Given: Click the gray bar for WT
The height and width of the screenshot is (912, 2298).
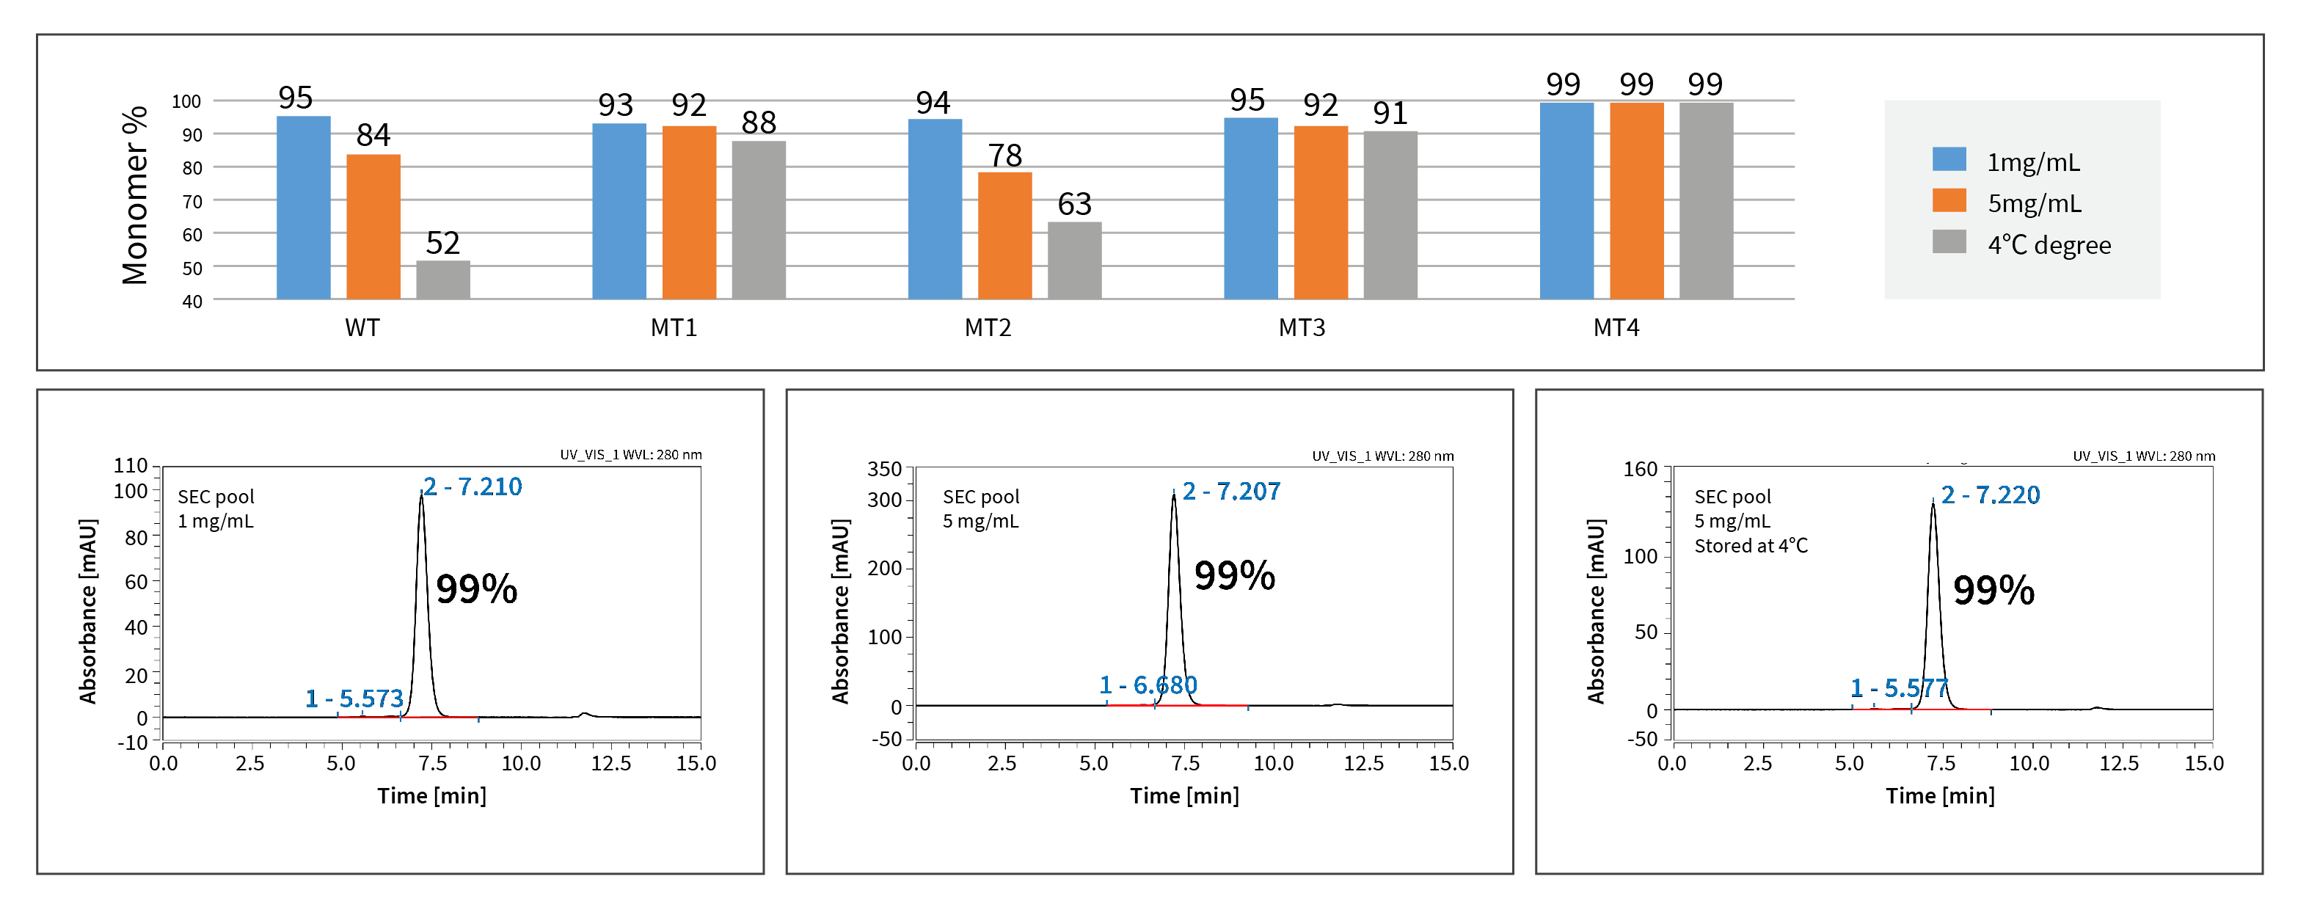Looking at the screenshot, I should (x=442, y=280).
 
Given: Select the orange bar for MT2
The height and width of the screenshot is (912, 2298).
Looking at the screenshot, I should (x=1004, y=236).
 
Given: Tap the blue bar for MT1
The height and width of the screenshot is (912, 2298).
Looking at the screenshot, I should (x=619, y=211).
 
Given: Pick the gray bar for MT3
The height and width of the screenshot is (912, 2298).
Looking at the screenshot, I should (x=1390, y=215).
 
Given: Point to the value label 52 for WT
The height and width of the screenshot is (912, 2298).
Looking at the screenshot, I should (x=442, y=243).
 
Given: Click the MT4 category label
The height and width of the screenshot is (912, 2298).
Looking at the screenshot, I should (x=1616, y=327).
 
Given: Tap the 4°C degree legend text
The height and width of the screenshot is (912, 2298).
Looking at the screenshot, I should (x=2049, y=244).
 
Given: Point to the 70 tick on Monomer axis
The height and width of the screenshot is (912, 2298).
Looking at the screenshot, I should (x=191, y=202).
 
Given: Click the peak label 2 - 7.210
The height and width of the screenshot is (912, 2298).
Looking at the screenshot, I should (x=473, y=486).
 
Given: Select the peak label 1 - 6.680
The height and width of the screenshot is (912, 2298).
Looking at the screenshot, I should (x=1148, y=685).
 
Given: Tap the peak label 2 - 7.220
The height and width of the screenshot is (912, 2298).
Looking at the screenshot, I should (x=1991, y=495).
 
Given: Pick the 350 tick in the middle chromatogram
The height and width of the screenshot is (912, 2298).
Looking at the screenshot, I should (x=884, y=469).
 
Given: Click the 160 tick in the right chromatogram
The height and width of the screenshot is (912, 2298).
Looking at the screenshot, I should (x=1640, y=470).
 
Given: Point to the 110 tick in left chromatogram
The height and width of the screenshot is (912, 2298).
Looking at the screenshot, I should (x=131, y=465).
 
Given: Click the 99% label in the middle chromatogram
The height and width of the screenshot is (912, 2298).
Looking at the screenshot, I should (x=1235, y=575).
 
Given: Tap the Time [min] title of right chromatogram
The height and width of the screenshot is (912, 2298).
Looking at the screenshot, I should (x=1939, y=795).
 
